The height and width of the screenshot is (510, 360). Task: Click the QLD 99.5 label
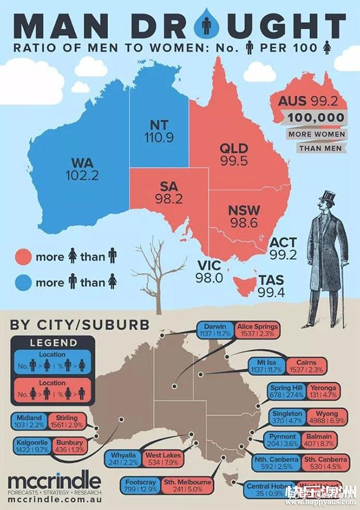coord(234,154)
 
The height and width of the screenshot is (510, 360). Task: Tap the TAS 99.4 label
coord(271,286)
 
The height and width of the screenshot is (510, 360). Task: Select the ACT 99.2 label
coord(283,248)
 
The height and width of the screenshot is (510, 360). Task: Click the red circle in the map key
coord(23,257)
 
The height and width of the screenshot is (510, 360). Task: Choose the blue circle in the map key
coord(23,282)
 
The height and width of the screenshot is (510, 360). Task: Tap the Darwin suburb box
coord(217,330)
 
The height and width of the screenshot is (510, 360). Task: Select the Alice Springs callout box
coord(257,330)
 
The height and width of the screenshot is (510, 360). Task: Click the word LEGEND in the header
coord(53,342)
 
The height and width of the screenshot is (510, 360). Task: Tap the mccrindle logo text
coord(55,481)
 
